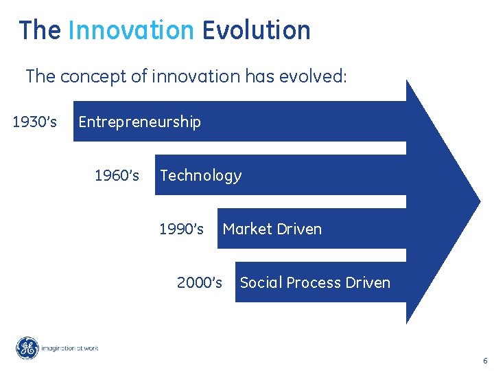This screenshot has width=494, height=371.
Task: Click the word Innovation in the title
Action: pos(131,30)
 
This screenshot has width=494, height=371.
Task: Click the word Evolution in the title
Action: pos(256,30)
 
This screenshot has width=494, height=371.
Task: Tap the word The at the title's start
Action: pos(40,30)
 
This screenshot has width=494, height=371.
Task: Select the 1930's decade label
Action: pos(35,122)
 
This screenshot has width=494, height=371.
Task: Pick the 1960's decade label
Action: pos(117,176)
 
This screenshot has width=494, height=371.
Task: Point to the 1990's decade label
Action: pos(181,229)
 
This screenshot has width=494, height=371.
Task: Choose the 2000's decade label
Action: pos(200,282)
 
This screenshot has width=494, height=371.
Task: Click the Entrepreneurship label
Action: pos(139,122)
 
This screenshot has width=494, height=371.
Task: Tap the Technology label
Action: pos(200,176)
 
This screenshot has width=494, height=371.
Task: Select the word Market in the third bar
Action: pos(246,229)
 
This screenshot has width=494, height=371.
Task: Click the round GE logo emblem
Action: pos(28,348)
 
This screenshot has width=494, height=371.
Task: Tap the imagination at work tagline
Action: pos(70,348)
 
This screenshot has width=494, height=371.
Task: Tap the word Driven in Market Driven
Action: pos(299,229)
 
